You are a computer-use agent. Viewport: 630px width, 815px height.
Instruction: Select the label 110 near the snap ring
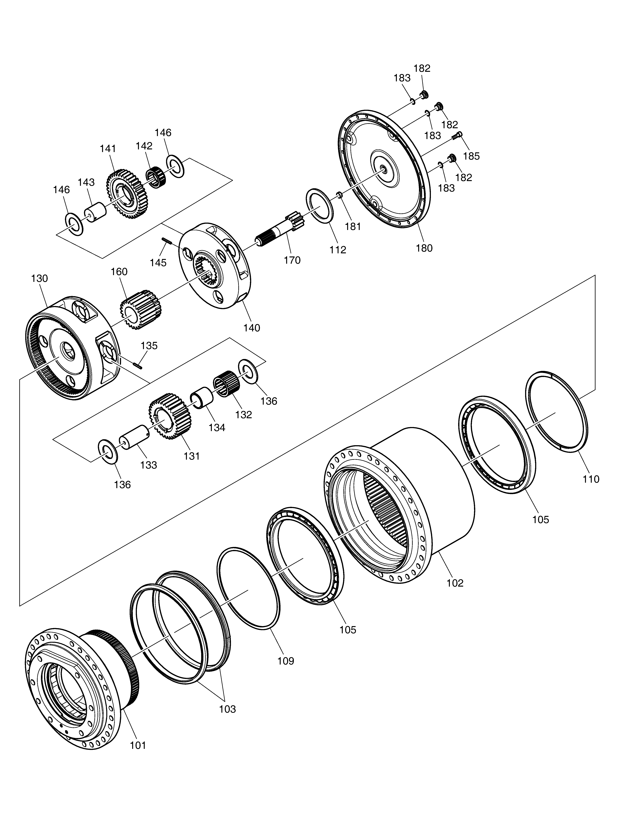[591, 479]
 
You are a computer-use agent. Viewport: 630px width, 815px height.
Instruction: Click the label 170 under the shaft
[292, 260]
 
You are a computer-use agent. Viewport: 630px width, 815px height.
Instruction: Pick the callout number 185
[471, 156]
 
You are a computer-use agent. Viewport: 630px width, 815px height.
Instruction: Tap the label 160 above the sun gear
[119, 272]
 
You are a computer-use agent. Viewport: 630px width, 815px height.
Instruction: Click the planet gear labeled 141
[127, 194]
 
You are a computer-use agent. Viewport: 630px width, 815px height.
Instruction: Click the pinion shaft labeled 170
[280, 229]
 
